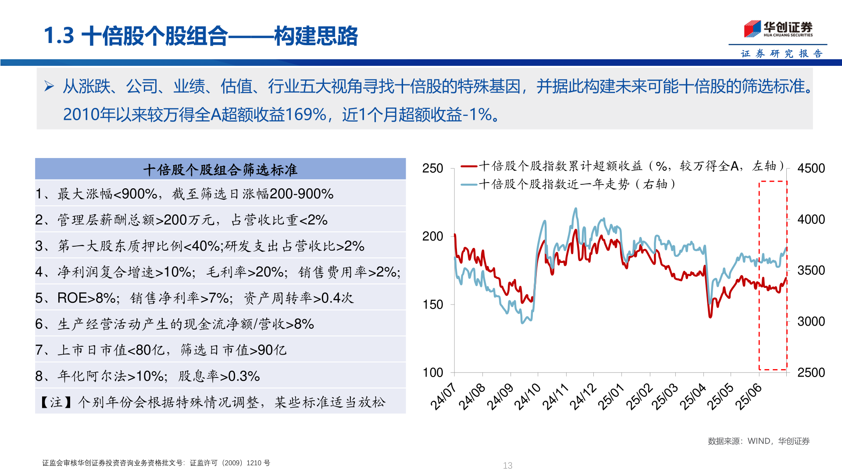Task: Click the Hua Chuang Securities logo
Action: click(x=778, y=29)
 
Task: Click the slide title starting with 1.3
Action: click(x=201, y=36)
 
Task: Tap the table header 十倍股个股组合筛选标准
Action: click(x=220, y=169)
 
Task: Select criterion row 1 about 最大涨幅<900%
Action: click(x=184, y=194)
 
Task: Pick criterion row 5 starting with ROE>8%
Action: click(x=194, y=298)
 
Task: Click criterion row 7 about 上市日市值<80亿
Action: click(x=161, y=350)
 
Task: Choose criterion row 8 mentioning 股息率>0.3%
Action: click(x=147, y=376)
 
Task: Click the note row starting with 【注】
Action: click(x=212, y=402)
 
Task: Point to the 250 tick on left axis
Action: click(x=432, y=169)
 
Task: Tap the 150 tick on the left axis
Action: click(x=432, y=304)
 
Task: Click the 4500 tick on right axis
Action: click(x=811, y=169)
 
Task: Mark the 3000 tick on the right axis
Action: click(x=811, y=321)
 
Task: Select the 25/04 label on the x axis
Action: click(x=693, y=396)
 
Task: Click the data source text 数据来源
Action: click(x=758, y=441)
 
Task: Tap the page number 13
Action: click(x=507, y=466)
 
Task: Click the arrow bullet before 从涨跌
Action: click(x=49, y=86)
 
